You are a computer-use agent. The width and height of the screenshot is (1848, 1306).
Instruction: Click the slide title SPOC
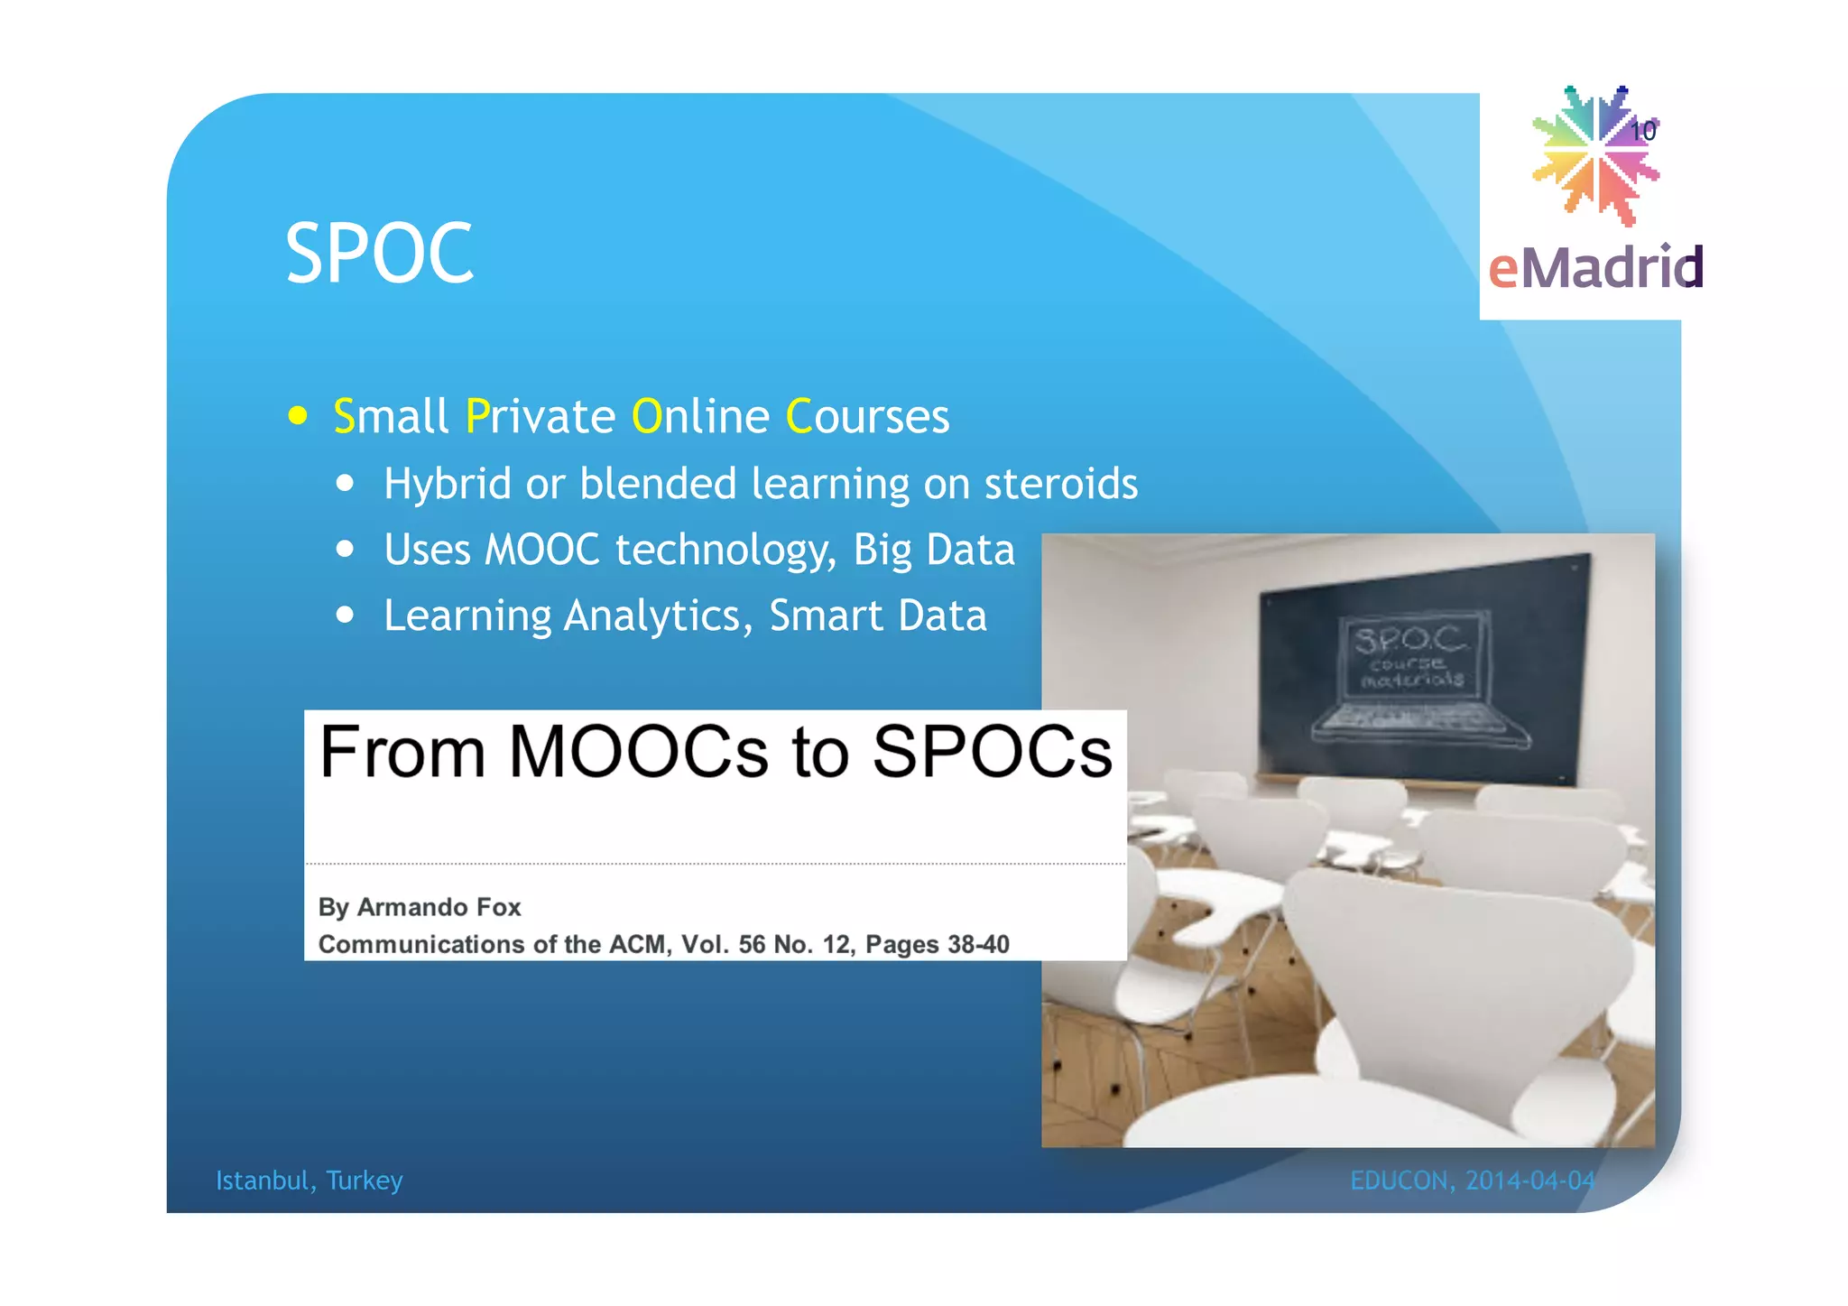point(379,254)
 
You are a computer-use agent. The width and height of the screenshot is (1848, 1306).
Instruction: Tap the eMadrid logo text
point(1595,268)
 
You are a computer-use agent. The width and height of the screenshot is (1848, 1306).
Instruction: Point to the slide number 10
point(1643,132)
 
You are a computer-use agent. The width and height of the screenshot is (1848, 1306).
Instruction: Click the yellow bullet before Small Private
point(298,416)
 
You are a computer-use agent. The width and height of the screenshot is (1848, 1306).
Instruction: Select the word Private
point(540,416)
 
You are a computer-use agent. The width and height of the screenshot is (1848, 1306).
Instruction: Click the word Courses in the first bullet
point(867,416)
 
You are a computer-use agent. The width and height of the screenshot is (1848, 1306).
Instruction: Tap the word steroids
point(1060,484)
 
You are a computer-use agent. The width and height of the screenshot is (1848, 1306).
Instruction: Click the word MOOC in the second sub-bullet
point(541,550)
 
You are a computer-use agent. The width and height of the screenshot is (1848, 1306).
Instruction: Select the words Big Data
point(934,550)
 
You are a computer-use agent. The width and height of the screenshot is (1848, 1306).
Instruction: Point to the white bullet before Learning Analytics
point(345,616)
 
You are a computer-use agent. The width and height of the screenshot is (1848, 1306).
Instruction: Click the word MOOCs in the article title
point(638,752)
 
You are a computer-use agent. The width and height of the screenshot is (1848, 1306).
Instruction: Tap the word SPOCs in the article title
point(992,752)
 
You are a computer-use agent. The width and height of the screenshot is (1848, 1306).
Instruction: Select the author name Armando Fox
point(439,907)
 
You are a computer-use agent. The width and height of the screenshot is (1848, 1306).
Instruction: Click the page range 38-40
point(978,944)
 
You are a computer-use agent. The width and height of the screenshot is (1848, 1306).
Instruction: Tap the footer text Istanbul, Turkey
point(309,1181)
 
